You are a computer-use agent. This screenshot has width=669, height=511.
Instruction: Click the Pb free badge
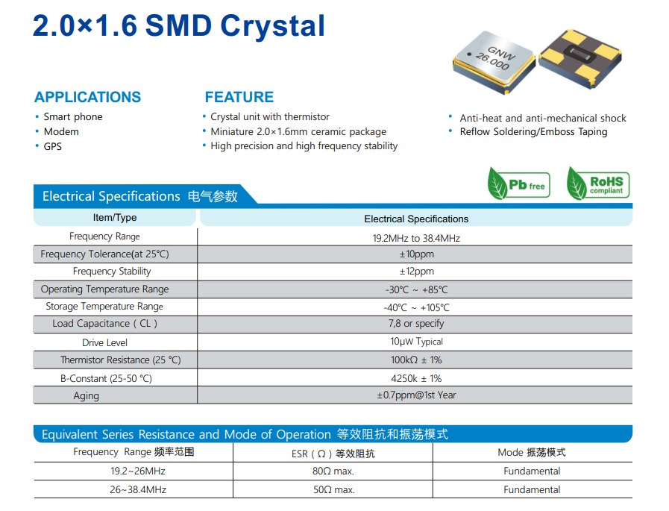point(519,184)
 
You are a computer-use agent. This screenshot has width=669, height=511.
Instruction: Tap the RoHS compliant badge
point(597,184)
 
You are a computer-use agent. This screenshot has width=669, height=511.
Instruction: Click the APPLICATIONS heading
point(87,97)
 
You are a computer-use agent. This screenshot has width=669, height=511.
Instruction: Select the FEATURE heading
point(239,97)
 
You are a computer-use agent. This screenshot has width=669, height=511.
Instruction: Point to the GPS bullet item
point(52,146)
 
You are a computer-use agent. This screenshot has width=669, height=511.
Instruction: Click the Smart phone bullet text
point(73,117)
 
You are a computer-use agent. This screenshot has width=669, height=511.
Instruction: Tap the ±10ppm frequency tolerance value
point(416,254)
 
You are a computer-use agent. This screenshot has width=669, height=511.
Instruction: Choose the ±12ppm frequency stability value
point(416,271)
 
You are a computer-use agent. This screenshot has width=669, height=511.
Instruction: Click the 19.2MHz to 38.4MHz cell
point(416,238)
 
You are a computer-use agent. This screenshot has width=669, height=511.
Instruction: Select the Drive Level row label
point(104,342)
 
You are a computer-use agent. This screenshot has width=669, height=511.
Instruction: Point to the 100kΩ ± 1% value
point(416,360)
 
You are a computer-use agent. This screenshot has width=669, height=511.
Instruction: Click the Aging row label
point(87,396)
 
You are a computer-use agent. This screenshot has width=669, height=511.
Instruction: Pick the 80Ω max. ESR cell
point(333,471)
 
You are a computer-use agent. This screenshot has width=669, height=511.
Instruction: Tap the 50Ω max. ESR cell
point(333,489)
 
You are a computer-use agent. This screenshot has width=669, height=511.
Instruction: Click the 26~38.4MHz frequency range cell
point(138,489)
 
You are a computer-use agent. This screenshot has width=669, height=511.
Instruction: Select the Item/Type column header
point(115,218)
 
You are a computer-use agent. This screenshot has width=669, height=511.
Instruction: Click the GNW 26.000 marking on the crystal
point(496,58)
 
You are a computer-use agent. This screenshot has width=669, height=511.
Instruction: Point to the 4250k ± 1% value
point(416,379)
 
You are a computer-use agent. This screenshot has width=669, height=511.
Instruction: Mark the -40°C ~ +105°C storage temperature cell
point(416,307)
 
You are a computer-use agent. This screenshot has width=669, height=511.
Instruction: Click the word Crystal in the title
point(273,26)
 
